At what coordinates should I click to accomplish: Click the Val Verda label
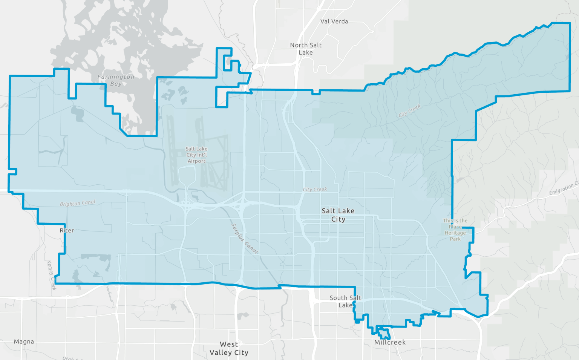point(334,21)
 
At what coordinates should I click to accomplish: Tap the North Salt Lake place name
point(306,49)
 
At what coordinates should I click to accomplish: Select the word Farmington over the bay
point(116,77)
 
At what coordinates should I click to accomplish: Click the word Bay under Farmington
point(116,84)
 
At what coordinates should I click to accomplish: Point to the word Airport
point(197,161)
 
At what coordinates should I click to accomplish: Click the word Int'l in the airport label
point(202,155)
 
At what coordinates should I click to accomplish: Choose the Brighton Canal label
point(78,203)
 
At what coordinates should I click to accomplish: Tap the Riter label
point(67,230)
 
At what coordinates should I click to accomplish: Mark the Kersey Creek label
point(52,275)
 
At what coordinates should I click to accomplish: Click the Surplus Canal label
point(245,239)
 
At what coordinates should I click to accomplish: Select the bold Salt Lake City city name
point(338,215)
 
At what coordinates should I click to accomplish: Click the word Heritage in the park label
point(455,233)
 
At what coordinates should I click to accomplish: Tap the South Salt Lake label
point(345,302)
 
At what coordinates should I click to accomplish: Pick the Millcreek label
point(390,342)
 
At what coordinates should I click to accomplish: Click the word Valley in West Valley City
point(221,352)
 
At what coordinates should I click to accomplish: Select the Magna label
point(24,342)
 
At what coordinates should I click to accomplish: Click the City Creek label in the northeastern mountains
point(409,111)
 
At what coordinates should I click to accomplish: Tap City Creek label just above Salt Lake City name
point(315,190)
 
